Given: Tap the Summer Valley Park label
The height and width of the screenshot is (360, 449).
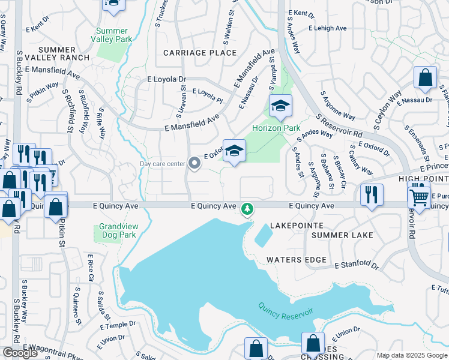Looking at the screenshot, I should (x=112, y=35).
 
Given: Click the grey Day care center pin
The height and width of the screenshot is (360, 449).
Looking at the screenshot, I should (x=194, y=163).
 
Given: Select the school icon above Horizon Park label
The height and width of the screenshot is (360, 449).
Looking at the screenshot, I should (x=280, y=107).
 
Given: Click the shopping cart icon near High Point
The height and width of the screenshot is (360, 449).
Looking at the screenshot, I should (x=419, y=196).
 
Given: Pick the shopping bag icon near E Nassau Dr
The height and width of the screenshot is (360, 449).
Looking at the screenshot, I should (x=425, y=78).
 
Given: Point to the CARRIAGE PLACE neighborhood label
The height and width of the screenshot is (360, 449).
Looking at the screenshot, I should (x=191, y=53).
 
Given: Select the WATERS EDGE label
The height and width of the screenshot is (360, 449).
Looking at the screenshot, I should (x=297, y=260).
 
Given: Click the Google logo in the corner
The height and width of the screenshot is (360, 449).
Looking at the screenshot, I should (x=20, y=353).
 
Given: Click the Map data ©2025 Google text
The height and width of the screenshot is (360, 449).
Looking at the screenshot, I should (x=411, y=355).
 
